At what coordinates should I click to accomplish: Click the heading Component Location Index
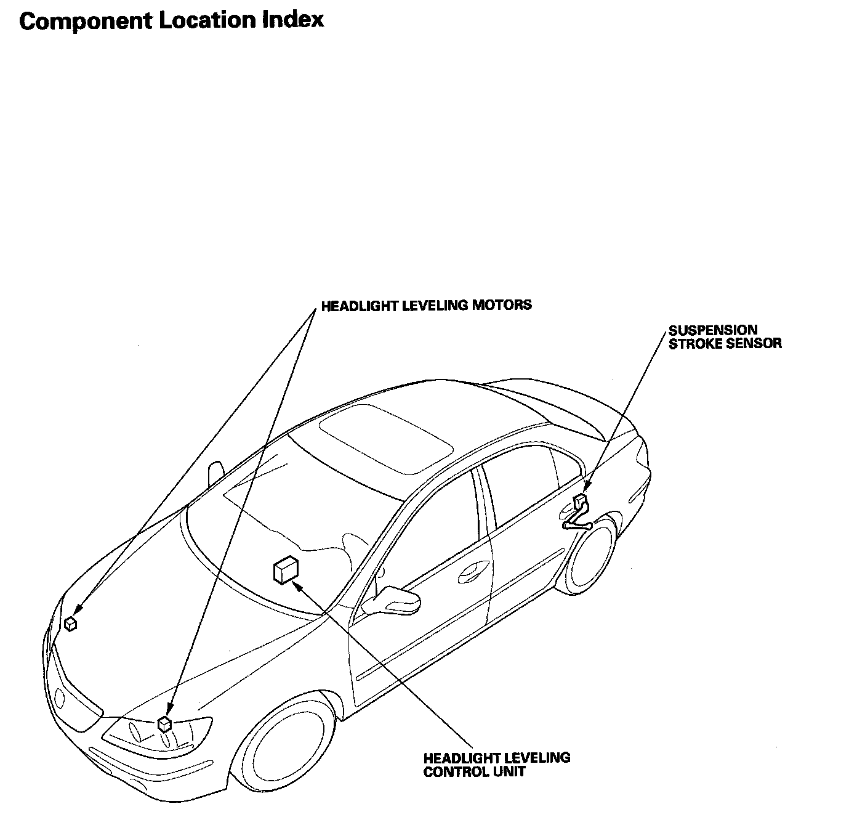(171, 20)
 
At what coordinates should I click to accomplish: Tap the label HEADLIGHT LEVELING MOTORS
(426, 305)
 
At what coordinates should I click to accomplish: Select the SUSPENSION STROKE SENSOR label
(725, 337)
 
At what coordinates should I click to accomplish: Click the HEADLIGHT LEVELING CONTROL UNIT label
(496, 764)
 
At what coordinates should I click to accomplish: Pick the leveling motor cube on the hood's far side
(71, 624)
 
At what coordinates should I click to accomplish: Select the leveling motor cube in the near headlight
(164, 723)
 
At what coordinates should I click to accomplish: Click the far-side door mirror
(215, 473)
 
